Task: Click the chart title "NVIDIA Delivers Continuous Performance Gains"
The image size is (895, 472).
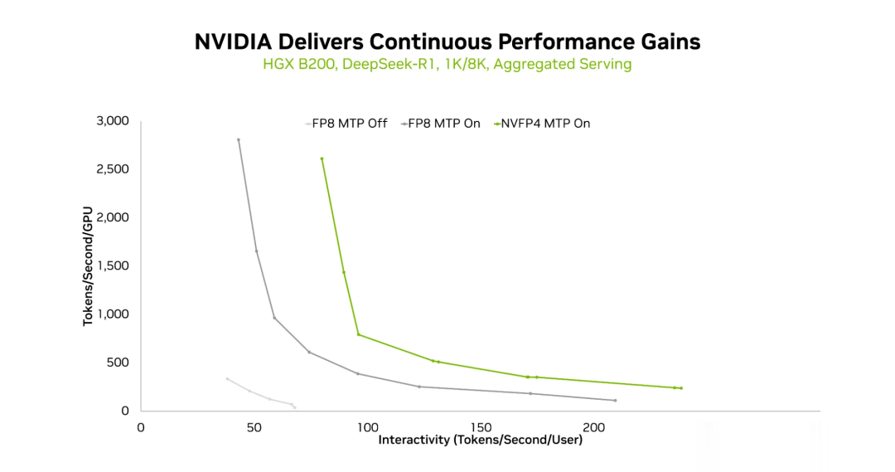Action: point(447,41)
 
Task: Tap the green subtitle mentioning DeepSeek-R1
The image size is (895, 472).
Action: point(447,64)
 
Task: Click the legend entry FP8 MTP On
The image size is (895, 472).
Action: point(443,124)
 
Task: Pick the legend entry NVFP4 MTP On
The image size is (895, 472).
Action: point(545,124)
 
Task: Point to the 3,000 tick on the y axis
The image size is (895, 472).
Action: point(113,121)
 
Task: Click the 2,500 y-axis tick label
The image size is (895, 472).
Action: point(113,169)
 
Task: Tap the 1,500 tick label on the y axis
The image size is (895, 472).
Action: point(113,266)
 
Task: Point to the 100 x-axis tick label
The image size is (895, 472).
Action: point(367,427)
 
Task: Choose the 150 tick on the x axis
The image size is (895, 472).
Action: point(481,427)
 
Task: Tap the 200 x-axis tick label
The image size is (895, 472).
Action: point(593,427)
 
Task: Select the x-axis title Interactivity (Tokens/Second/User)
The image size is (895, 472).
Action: point(481,440)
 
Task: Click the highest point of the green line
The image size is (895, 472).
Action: point(322,158)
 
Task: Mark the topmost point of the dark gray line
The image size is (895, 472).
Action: point(239,139)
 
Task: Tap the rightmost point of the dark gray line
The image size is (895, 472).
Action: point(615,401)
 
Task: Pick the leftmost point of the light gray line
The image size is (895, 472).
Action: point(227,379)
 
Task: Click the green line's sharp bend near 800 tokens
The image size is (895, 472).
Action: point(358,334)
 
